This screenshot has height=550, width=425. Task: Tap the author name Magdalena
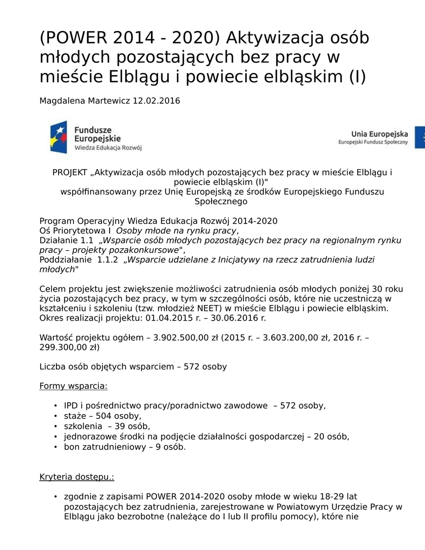point(61,100)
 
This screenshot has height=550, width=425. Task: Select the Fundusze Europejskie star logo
point(59,137)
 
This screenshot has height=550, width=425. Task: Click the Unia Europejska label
point(379,134)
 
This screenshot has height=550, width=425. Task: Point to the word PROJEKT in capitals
point(70,172)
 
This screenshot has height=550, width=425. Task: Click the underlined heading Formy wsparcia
point(74,386)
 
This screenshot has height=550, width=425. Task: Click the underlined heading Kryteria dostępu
point(77,477)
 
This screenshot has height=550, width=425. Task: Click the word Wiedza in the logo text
point(85,147)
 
